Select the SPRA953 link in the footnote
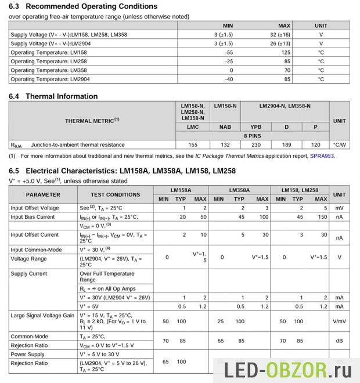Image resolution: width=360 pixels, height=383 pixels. point(322,156)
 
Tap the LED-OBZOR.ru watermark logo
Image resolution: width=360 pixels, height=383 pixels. point(284,367)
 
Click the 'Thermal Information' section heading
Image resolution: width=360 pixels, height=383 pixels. point(62,96)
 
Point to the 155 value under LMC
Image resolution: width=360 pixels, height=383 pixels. point(192,144)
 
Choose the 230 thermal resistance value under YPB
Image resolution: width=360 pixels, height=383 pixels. point(255,144)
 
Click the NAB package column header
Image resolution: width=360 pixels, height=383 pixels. point(225,126)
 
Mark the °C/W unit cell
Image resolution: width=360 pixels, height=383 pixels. point(339,144)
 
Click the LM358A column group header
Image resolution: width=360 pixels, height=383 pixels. point(239,190)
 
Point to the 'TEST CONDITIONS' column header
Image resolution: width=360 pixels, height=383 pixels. point(115,194)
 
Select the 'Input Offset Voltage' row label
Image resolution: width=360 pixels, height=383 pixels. point(34,208)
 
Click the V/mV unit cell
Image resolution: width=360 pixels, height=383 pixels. point(339,321)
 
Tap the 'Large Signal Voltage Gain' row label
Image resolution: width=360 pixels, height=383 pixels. point(42,315)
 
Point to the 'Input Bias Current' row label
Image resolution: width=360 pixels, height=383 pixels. point(33,217)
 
